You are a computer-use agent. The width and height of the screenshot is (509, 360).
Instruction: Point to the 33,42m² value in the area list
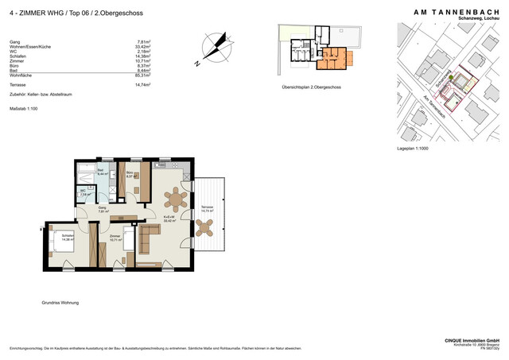click(144, 47)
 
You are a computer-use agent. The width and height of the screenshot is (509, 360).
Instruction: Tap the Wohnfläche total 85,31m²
click(144, 75)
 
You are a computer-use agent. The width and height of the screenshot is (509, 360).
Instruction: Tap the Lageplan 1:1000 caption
click(412, 149)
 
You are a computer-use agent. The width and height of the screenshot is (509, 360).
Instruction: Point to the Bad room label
click(101, 171)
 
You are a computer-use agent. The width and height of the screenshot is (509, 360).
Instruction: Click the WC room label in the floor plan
click(83, 192)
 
